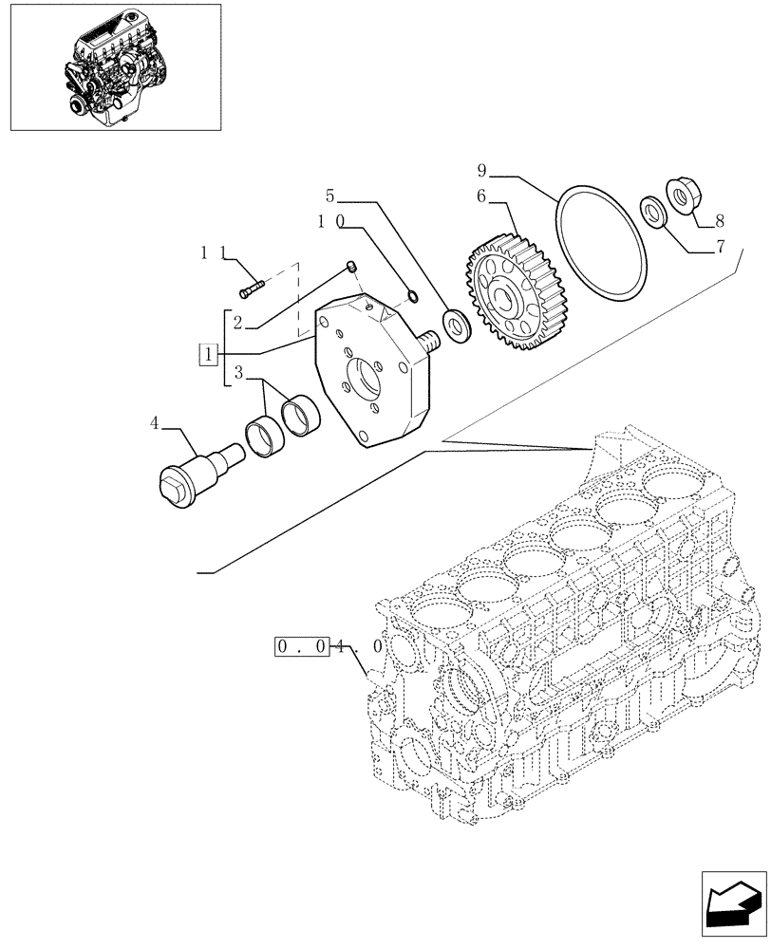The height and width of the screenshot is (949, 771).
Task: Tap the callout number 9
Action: pos(482,172)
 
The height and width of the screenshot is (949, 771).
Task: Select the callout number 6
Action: pos(482,197)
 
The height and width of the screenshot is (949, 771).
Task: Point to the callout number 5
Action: pos(329,197)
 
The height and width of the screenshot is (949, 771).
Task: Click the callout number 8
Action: pos(720,221)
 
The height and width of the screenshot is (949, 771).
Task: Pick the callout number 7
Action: pos(720,249)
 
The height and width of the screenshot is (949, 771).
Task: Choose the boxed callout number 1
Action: pos(207,355)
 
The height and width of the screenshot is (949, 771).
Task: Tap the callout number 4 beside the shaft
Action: pos(154,423)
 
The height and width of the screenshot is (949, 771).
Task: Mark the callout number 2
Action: pos(238,323)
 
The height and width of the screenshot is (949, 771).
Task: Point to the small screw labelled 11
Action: pos(251,282)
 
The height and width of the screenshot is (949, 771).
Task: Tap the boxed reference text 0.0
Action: pos(301,648)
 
